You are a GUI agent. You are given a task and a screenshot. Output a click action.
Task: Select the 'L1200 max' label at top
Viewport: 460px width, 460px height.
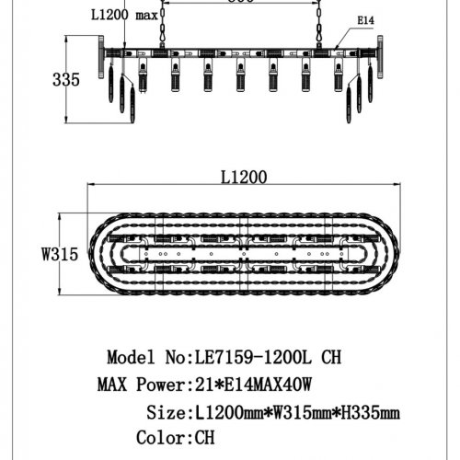pos(123,16)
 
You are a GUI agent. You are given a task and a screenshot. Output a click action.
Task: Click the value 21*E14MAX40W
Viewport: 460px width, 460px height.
pos(257,384)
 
